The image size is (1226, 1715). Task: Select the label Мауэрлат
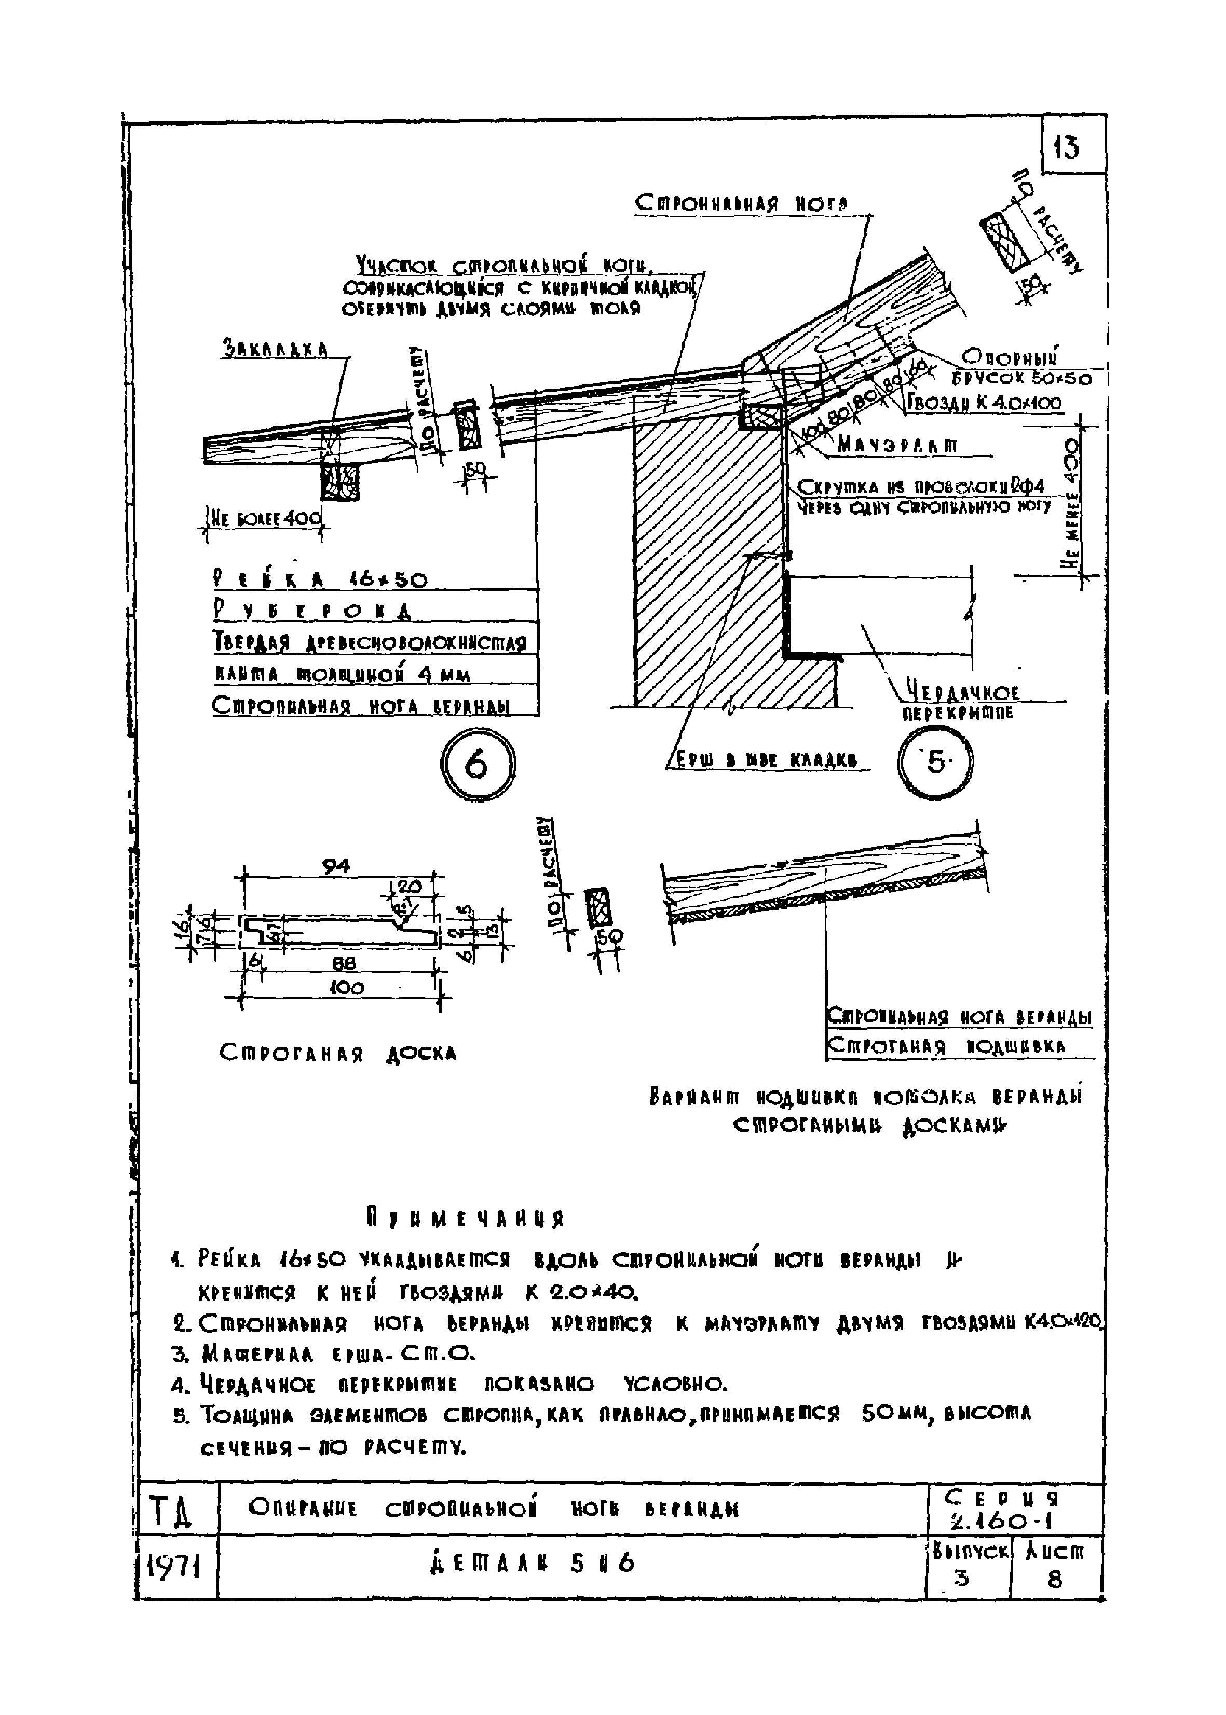click(x=897, y=447)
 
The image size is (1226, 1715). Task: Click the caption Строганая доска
click(x=337, y=1053)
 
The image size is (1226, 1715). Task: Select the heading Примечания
click(x=466, y=1218)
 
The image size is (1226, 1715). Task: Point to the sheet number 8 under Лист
click(x=1055, y=1579)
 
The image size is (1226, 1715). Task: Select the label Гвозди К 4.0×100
click(x=984, y=404)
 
